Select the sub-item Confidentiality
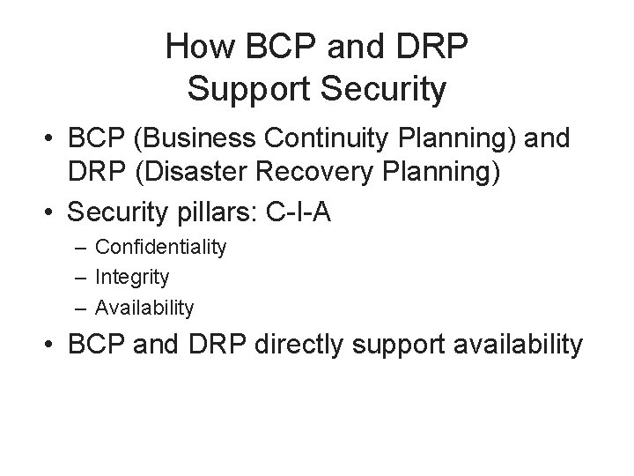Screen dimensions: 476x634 161,248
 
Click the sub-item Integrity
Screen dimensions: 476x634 132,278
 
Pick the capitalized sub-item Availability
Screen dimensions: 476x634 144,308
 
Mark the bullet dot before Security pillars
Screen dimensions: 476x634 55,210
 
